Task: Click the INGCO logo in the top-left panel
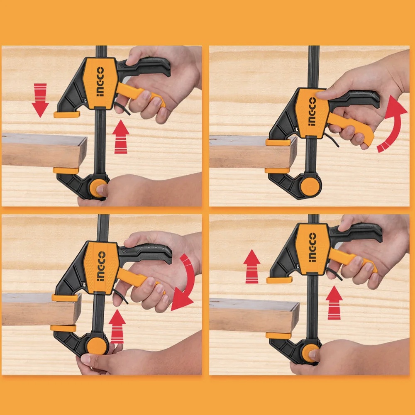click(x=100, y=81)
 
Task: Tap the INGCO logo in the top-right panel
click(x=312, y=111)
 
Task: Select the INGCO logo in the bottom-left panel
click(x=101, y=266)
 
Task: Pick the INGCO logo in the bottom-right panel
click(x=312, y=247)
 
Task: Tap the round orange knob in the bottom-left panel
click(x=97, y=346)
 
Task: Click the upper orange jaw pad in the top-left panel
click(x=67, y=115)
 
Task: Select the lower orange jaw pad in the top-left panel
click(x=66, y=171)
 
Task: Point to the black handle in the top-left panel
click(x=144, y=66)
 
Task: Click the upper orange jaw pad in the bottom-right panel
click(x=279, y=280)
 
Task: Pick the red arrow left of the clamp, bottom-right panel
click(x=252, y=266)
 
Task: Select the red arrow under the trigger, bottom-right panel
click(x=334, y=303)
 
